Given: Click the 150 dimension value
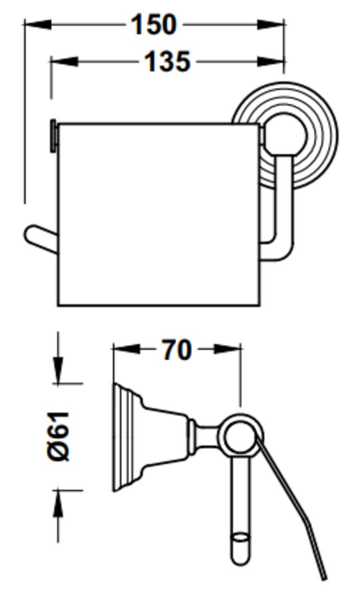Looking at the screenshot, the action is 153,25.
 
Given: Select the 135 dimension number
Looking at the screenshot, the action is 167,61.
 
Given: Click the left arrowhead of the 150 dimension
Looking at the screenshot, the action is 38,25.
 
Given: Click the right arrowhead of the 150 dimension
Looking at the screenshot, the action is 271,25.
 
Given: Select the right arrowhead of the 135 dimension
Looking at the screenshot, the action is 271,61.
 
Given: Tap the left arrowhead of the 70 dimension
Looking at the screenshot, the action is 127,349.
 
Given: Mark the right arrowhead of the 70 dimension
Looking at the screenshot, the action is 227,349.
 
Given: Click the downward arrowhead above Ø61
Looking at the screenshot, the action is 58,370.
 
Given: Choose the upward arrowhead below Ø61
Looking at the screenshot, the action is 58,504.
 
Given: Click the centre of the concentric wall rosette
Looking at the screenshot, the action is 284,135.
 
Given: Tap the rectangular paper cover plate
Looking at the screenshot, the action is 159,214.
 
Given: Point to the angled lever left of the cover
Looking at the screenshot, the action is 41,239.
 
